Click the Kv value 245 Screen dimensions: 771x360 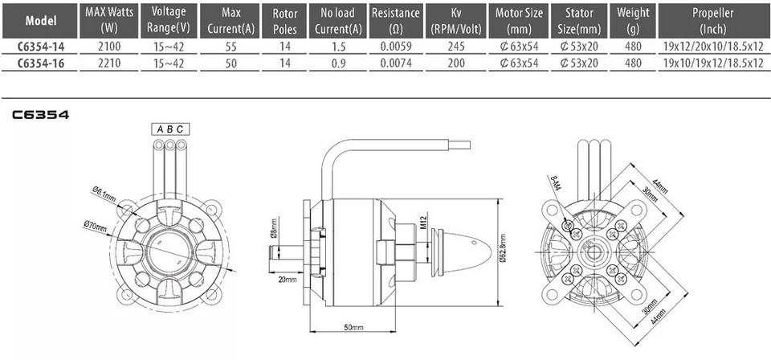[x=456, y=47]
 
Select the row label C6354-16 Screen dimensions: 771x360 [x=41, y=63]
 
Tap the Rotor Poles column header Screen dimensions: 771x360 [x=284, y=21]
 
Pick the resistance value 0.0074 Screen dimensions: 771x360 [x=396, y=63]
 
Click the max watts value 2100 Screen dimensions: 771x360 [x=108, y=47]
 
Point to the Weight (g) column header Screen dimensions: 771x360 [x=634, y=21]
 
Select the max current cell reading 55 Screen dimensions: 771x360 [x=230, y=47]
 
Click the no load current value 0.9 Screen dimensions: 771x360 [x=339, y=63]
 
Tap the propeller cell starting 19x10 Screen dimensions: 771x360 [x=713, y=63]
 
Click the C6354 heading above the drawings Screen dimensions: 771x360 [x=41, y=115]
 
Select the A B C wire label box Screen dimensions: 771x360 [x=170, y=129]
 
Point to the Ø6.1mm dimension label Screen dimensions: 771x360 [x=104, y=194]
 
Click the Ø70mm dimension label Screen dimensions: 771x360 [x=96, y=227]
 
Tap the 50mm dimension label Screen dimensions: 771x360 [x=353, y=328]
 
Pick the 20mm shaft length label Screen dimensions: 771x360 [x=288, y=280]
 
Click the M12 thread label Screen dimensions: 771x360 [x=424, y=222]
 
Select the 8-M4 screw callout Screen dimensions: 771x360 [x=555, y=185]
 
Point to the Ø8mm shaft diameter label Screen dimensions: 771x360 [x=273, y=227]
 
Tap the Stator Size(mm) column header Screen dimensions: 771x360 [x=579, y=21]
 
